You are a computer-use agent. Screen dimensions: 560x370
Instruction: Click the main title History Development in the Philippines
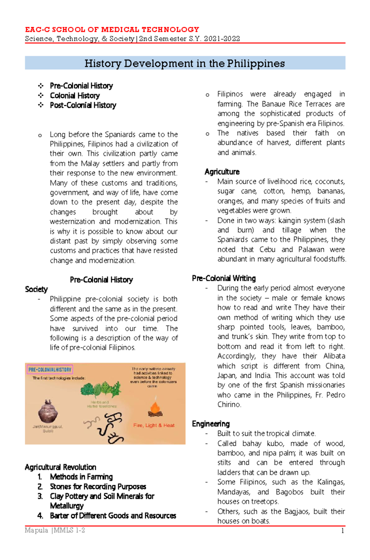click(185, 64)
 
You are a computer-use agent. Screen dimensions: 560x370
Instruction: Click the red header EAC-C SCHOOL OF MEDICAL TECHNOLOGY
click(112, 30)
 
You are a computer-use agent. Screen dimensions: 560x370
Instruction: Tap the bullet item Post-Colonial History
click(83, 105)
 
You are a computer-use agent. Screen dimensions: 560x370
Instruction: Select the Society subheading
click(36, 289)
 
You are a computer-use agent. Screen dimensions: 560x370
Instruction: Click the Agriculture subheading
click(222, 172)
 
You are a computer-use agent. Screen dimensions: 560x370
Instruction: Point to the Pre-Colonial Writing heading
click(224, 278)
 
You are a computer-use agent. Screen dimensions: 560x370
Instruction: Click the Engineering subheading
click(211, 424)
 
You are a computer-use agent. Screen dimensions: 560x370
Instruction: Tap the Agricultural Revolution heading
click(60, 467)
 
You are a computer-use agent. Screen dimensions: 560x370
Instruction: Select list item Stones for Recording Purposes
click(98, 486)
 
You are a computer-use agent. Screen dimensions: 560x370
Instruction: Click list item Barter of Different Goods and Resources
click(113, 516)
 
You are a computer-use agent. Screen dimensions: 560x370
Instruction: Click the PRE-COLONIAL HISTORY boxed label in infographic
click(50, 369)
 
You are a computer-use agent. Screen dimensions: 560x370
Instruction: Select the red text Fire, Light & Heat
click(154, 425)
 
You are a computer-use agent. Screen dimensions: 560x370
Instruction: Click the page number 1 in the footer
click(342, 531)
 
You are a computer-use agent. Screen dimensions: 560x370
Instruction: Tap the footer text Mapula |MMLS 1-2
click(55, 530)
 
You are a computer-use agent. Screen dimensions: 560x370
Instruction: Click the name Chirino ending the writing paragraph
click(229, 404)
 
